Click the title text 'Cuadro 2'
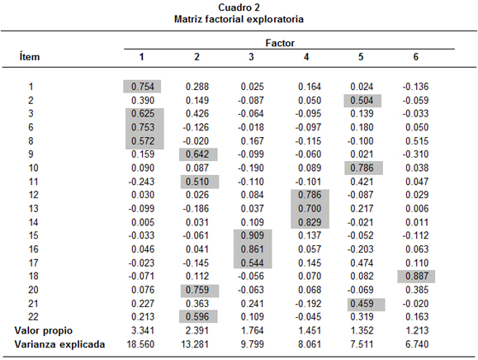pos(239,7)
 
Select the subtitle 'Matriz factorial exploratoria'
pos(239,19)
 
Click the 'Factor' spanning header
pos(280,43)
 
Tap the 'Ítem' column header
pos(30,57)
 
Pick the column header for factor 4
pos(306,57)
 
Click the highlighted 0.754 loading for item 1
pos(143,87)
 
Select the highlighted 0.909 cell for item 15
pos(252,235)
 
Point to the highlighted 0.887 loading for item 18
pos(417,276)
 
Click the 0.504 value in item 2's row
pos(362,100)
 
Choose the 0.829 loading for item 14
pos(310,222)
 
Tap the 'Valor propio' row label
pos(44,331)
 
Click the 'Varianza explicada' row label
pos(59,344)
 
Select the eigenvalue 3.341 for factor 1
pos(143,330)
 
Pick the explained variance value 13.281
pos(195,344)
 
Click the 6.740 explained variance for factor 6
pos(417,344)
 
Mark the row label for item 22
pos(33,317)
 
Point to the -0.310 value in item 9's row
pos(415,154)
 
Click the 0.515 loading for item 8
pos(417,141)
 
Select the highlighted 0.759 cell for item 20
pos(197,290)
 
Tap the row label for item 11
pos(33,182)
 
